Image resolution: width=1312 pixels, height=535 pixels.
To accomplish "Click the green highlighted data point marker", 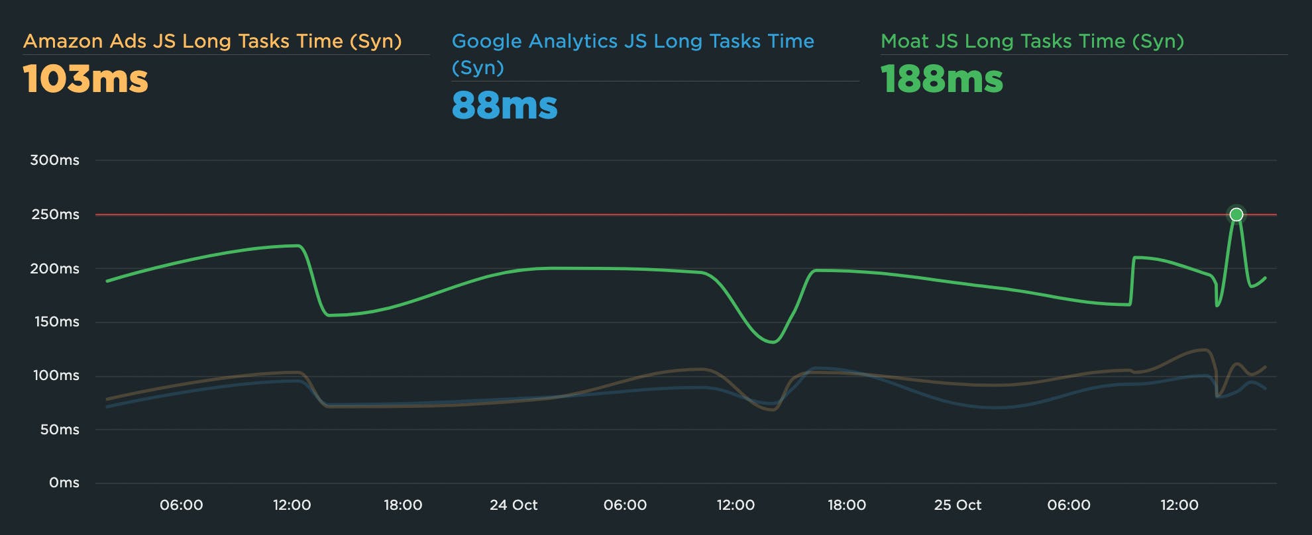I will pyautogui.click(x=1236, y=215).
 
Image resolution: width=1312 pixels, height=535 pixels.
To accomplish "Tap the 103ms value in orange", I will pyautogui.click(x=85, y=79).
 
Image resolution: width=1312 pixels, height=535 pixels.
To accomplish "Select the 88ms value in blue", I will pyautogui.click(x=504, y=106).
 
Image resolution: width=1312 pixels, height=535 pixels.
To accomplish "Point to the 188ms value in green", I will pyautogui.click(x=942, y=79).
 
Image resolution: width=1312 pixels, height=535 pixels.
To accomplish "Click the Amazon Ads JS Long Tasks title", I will pyautogui.click(x=212, y=41).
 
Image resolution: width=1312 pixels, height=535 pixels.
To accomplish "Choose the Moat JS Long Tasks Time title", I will pyautogui.click(x=1032, y=41).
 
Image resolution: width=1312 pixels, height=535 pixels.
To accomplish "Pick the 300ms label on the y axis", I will pyautogui.click(x=54, y=160).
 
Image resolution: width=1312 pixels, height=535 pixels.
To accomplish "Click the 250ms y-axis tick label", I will pyautogui.click(x=55, y=215).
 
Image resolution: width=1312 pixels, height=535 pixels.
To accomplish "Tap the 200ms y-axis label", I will pyautogui.click(x=54, y=269).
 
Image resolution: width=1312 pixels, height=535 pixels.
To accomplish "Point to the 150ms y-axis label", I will pyautogui.click(x=56, y=322).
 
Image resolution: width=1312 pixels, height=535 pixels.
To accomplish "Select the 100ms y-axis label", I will pyautogui.click(x=56, y=375).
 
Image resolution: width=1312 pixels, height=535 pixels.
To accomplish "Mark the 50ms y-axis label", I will pyautogui.click(x=59, y=430).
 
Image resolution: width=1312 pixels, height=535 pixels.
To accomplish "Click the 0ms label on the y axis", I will pyautogui.click(x=64, y=483).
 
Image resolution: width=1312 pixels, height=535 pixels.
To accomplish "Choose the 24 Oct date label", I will pyautogui.click(x=514, y=505).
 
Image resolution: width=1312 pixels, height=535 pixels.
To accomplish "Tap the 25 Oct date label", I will pyautogui.click(x=957, y=505).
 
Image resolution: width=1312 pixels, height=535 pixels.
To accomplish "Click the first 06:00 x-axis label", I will pyautogui.click(x=181, y=505).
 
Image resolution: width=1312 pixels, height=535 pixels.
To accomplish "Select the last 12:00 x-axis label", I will pyautogui.click(x=1179, y=505).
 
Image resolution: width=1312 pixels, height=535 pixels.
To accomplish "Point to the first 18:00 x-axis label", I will pyautogui.click(x=403, y=505).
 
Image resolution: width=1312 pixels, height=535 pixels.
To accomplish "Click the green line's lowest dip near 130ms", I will pyautogui.click(x=773, y=342).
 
